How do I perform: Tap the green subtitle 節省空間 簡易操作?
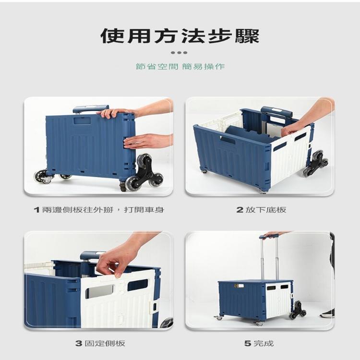(x=180, y=66)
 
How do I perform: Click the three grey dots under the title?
(x=180, y=52)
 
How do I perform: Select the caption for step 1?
(x=99, y=210)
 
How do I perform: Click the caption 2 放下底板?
(x=261, y=210)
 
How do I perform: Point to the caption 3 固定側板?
(x=99, y=343)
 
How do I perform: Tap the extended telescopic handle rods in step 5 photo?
(x=270, y=259)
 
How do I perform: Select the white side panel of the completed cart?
(x=278, y=300)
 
